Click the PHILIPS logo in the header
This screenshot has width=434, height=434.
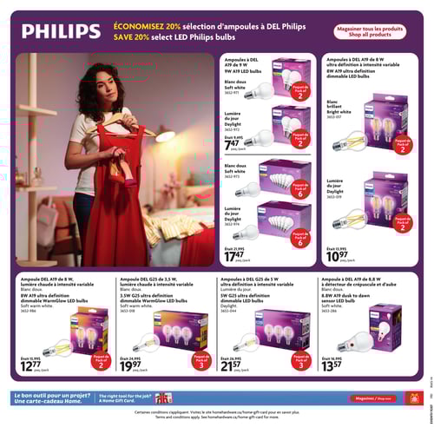point(61,32)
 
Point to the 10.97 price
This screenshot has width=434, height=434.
point(339,255)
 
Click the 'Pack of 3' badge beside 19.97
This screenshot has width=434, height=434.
point(201,359)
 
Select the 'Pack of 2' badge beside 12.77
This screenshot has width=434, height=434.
point(101,359)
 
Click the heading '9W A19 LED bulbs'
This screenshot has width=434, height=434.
point(246,70)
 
